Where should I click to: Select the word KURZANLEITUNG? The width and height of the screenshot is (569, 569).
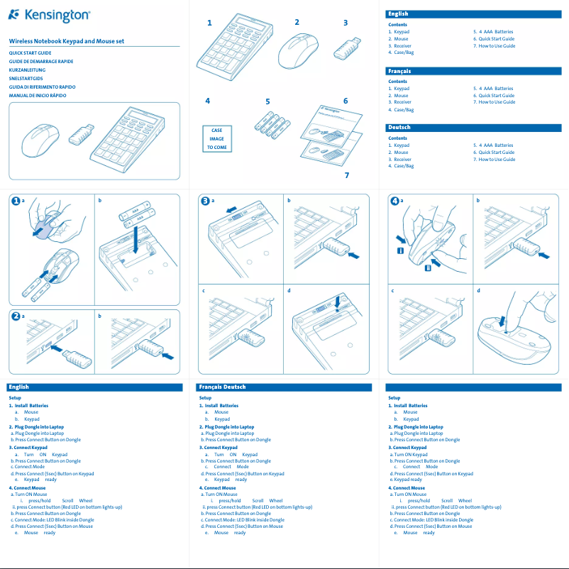[28, 70]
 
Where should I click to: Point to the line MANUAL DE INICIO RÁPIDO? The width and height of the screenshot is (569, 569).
[42, 95]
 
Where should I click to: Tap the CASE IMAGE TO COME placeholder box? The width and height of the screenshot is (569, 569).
[216, 139]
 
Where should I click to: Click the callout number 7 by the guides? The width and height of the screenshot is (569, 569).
[346, 175]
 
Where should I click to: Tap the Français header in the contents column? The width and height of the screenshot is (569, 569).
[399, 71]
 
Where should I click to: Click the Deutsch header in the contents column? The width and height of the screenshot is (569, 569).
[399, 127]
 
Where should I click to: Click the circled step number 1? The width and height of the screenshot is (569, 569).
[15, 201]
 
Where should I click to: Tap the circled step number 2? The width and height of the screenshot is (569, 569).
[15, 316]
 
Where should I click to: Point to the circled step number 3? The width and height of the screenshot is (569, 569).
[205, 201]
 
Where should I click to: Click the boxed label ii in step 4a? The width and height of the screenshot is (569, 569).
[427, 267]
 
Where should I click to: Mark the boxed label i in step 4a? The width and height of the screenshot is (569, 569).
[401, 250]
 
